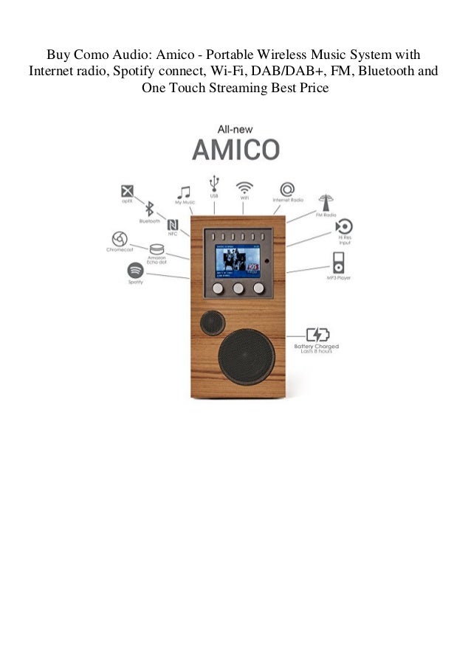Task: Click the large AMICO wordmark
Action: (x=235, y=149)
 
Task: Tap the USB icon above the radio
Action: (x=214, y=182)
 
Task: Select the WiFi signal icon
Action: (x=244, y=186)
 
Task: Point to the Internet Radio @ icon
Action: (x=286, y=187)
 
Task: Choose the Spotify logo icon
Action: (x=135, y=269)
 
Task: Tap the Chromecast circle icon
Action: (x=118, y=239)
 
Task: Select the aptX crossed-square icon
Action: (x=127, y=189)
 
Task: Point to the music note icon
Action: (x=184, y=192)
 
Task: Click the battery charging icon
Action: (x=318, y=334)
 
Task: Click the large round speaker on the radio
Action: (x=246, y=356)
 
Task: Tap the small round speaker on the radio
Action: (x=213, y=322)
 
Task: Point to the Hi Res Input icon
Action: (x=343, y=226)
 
